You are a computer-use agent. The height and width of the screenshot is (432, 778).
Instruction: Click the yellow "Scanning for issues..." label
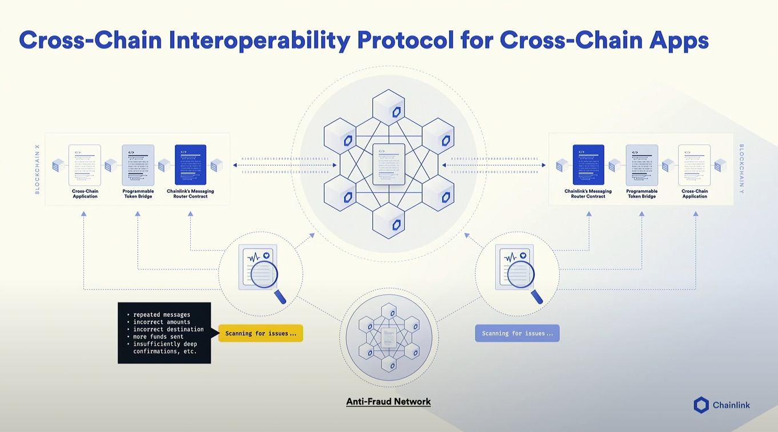[x=260, y=333]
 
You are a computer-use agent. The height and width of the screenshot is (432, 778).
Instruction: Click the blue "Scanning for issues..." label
[x=517, y=333]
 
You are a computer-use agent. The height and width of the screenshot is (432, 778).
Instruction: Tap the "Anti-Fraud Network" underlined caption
[x=388, y=402]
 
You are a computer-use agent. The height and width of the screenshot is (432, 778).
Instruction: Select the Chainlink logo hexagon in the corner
[x=701, y=405]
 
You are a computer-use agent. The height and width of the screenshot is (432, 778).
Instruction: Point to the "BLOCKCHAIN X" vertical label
[x=38, y=169]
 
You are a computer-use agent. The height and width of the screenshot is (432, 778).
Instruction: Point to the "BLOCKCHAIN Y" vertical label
[x=741, y=169]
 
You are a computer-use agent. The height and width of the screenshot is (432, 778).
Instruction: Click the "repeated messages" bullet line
[x=162, y=314]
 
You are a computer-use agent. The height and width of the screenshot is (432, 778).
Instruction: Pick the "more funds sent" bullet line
[x=158, y=337]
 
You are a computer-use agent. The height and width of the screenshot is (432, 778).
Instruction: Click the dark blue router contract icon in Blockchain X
[x=190, y=165]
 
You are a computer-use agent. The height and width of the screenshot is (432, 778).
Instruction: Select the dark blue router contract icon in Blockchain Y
[x=588, y=165]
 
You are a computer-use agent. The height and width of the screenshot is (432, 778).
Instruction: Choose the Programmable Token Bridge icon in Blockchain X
[x=138, y=165]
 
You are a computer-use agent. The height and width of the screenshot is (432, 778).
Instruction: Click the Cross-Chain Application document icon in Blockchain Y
[x=695, y=165]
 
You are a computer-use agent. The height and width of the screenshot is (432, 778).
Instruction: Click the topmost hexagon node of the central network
[x=389, y=107]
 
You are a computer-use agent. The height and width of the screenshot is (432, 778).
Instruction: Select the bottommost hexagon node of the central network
[x=389, y=220]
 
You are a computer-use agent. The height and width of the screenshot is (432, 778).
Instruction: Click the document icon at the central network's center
[x=389, y=164]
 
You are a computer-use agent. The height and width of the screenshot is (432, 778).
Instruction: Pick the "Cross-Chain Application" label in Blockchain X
[x=85, y=194]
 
